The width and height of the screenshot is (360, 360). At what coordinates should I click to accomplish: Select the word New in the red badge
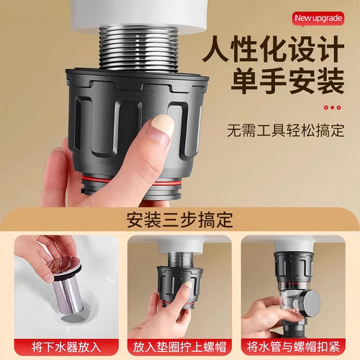pyautogui.click(x=304, y=17)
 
